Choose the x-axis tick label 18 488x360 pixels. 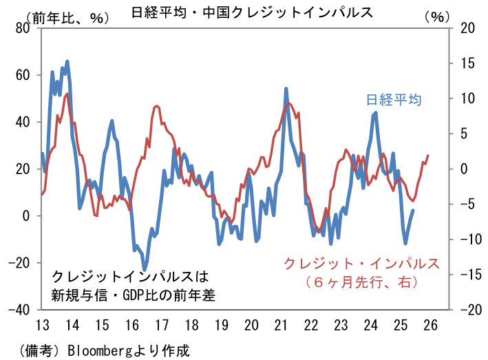(191, 325)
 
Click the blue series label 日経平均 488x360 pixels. (393, 100)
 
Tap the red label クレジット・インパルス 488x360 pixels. (362, 263)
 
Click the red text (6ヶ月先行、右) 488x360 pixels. (362, 281)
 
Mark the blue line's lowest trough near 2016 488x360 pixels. (145, 268)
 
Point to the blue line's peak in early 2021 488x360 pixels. (286, 89)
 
